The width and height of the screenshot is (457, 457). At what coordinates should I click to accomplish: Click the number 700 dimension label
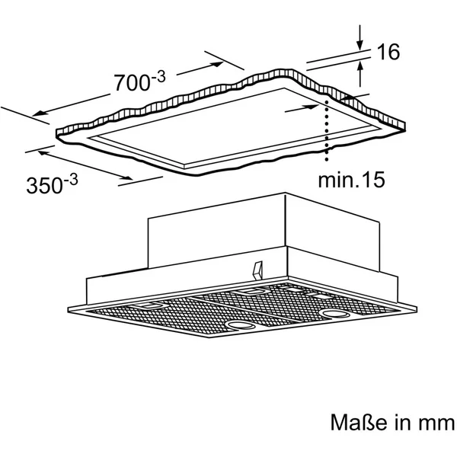(132, 83)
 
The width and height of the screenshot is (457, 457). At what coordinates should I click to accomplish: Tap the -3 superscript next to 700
(158, 78)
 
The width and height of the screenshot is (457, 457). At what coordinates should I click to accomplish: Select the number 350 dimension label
(44, 185)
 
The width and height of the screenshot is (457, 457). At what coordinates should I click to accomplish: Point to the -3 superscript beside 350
(71, 180)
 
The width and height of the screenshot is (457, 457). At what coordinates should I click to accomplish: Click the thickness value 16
(388, 52)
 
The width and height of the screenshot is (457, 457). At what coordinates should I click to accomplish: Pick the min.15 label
(351, 180)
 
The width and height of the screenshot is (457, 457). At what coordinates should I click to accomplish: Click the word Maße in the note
(359, 422)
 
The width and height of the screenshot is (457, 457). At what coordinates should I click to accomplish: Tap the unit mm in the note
(436, 423)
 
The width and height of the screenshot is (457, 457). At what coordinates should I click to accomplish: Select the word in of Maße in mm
(403, 422)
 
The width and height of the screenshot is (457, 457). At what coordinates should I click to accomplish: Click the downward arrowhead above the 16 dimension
(360, 46)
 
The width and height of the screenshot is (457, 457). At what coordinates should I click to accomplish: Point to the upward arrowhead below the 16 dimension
(360, 66)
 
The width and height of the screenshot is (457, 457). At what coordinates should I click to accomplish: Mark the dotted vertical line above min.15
(327, 130)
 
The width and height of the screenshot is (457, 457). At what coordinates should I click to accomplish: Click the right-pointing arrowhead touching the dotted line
(314, 107)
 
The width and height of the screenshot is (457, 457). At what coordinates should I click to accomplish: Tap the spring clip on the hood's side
(257, 270)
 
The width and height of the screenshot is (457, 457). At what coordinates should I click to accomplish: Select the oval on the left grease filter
(241, 325)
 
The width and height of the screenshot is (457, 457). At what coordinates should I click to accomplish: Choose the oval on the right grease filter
(334, 314)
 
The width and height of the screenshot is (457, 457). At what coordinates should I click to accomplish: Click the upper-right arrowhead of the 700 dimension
(217, 64)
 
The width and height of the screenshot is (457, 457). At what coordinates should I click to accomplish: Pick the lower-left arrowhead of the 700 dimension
(38, 113)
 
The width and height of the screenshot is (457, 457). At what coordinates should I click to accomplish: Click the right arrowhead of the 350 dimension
(127, 177)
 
